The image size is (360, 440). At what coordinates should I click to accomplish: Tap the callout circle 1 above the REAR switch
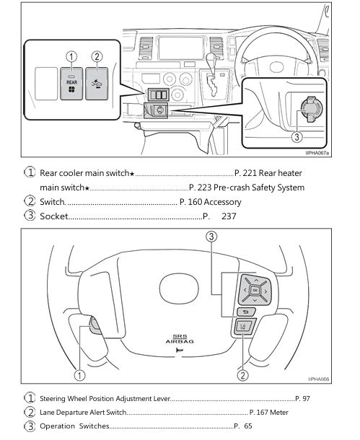(71, 57)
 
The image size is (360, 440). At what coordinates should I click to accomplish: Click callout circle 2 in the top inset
(97, 57)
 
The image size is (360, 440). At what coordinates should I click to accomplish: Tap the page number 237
(229, 216)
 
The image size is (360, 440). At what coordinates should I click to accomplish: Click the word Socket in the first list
(54, 216)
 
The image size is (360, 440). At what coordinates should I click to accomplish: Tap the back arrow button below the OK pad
(242, 312)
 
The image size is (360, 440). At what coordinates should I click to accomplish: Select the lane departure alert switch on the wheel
(242, 329)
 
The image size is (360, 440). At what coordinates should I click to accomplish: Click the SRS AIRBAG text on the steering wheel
(179, 338)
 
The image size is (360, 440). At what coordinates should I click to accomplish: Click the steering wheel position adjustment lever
(96, 330)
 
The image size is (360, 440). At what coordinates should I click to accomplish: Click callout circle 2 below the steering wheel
(243, 374)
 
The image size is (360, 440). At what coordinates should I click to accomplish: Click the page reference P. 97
(304, 397)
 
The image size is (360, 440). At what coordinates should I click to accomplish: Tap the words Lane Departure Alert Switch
(83, 412)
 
